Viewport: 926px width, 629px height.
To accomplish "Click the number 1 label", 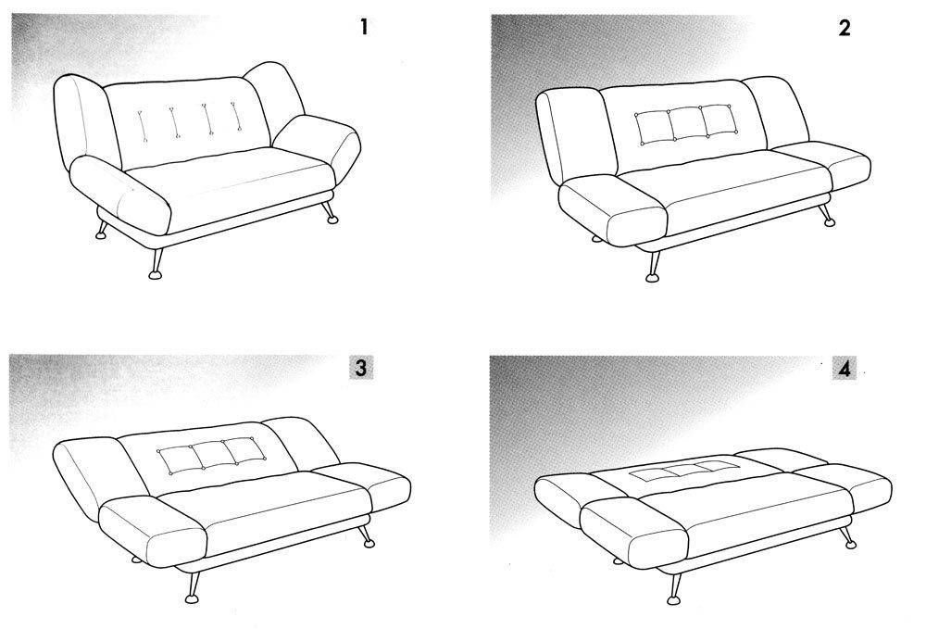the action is coord(364,27).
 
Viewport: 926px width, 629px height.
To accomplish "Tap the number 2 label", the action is coord(845,28).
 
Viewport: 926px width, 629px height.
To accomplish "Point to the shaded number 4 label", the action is coord(845,370).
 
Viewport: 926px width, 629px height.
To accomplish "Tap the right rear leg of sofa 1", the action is coord(329,213).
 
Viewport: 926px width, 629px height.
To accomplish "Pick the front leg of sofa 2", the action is coord(653,267).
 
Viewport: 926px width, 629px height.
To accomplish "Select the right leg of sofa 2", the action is coord(825,216).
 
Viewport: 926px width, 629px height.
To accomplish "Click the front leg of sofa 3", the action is coord(192,587).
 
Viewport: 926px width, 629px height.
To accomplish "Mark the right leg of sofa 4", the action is coord(848,537).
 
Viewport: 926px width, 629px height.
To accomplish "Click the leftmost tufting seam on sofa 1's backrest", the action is coord(142,125).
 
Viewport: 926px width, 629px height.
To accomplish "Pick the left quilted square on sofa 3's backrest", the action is coord(178,460).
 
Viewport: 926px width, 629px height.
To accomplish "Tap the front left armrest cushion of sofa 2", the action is coord(612,210).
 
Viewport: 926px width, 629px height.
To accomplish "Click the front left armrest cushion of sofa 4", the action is coord(633,532).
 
